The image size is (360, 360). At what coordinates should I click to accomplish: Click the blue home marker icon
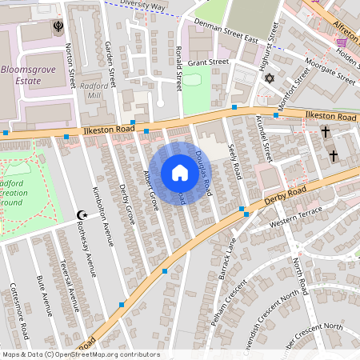point(180,173)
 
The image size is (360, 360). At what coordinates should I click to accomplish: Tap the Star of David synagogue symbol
point(270,78)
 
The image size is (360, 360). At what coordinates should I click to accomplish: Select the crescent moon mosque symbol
point(80,214)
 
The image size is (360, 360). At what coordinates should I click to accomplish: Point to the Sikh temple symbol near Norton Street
point(58,27)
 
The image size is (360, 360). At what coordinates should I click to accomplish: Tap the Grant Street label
point(209,62)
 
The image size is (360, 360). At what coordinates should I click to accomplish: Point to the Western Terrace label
point(294,214)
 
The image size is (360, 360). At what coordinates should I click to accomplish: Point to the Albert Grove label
point(150,190)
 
